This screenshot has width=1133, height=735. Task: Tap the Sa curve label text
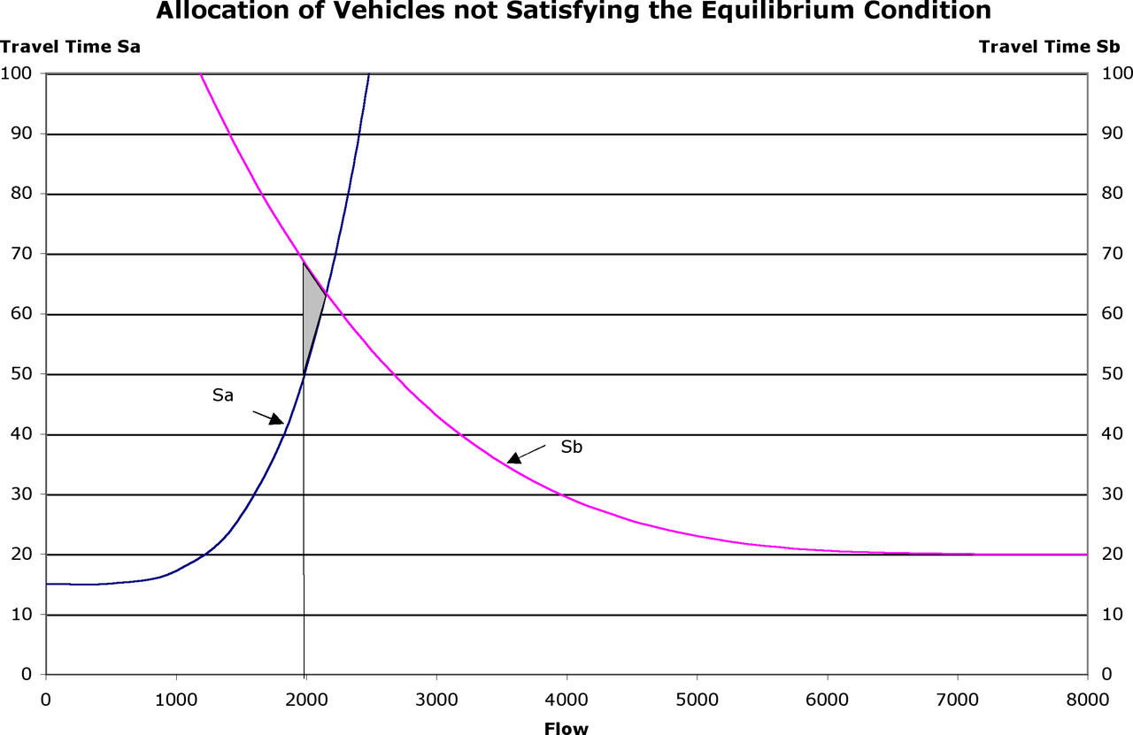pos(223,395)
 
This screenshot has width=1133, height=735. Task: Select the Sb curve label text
pos(572,447)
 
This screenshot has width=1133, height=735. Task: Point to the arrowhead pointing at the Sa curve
pos(277,419)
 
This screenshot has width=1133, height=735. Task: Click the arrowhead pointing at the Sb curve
pos(514,458)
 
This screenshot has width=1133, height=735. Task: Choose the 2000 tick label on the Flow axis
pos(306,701)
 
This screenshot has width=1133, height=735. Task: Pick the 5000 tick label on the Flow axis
pos(697,701)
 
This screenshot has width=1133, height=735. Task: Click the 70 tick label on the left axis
pos(21,254)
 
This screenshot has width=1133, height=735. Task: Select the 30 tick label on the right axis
pos(1113,494)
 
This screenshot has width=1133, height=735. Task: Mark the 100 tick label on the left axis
pos(16,73)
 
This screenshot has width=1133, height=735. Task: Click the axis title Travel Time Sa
pos(70,47)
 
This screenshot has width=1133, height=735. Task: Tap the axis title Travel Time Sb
pos(1050,47)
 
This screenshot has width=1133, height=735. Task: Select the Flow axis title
pos(566,729)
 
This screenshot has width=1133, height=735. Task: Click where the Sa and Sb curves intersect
pos(327,295)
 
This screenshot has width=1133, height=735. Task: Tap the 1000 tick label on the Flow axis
pos(176,701)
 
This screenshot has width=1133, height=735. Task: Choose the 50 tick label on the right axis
pos(1113,374)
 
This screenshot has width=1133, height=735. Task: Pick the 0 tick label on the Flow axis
pos(46,701)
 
